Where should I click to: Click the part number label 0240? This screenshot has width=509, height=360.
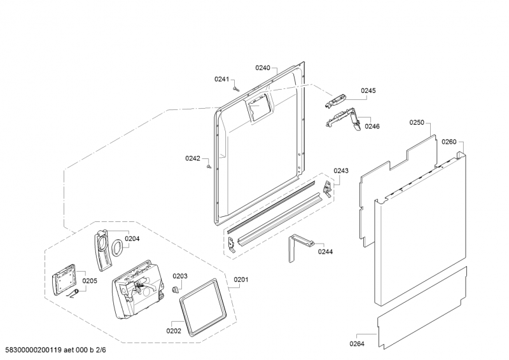pos(263,68)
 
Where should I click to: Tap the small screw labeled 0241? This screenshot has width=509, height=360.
pos(236,88)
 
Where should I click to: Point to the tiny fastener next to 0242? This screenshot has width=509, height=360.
pos(209,167)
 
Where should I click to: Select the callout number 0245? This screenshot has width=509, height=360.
pos(368,90)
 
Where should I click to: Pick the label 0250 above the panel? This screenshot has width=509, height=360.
pos(417,122)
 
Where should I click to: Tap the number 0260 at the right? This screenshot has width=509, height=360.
pos(449,142)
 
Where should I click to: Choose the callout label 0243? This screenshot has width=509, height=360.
pos(341,170)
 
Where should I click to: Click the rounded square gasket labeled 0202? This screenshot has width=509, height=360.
pos(203,307)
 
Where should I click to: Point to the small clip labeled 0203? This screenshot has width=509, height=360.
pos(176,289)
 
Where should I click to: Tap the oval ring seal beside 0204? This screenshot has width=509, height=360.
pos(118,248)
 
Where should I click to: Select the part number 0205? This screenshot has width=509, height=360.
pos(90,280)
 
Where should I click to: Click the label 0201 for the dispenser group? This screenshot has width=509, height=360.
pos(241,279)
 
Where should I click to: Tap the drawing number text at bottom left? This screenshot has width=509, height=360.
pos(55,350)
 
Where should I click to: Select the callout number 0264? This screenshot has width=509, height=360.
pos(357,343)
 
